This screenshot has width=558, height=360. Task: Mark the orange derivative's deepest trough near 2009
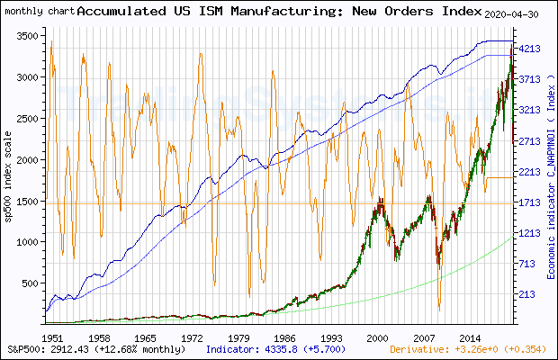point(440,309)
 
